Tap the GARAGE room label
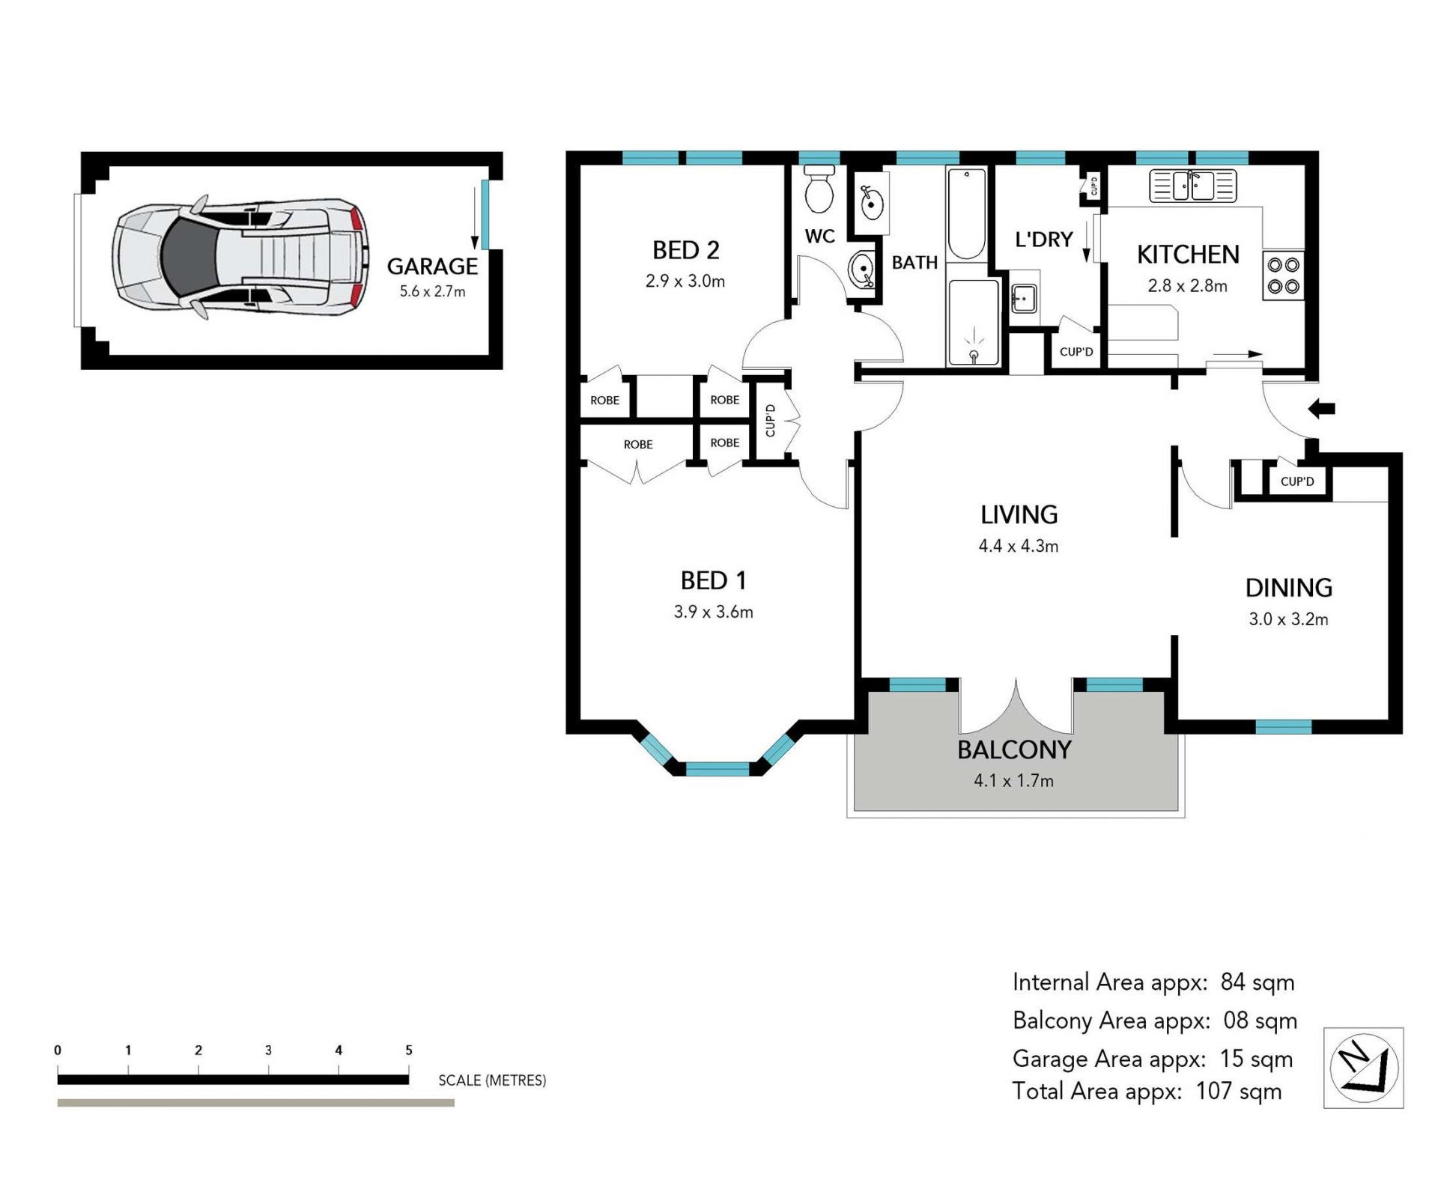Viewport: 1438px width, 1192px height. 432,267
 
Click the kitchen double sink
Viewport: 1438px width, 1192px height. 1193,186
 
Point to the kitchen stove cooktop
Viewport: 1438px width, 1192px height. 1283,276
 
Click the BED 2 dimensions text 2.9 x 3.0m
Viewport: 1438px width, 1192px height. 685,282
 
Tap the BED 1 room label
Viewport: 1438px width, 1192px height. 713,580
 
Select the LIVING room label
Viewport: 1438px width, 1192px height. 1019,514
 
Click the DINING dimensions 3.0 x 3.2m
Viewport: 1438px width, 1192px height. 1288,619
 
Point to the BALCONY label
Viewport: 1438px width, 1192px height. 1014,749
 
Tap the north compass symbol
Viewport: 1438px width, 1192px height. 1363,1067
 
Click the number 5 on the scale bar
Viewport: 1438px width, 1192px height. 409,1050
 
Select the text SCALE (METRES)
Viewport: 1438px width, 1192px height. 492,1080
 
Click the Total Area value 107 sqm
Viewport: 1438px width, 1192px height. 1239,1091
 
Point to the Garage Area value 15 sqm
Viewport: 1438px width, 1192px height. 1256,1059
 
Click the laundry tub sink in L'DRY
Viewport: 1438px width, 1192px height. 1024,298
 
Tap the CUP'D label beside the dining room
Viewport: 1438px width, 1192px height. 1297,481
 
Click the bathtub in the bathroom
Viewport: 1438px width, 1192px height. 966,213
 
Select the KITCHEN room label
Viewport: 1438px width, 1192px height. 1188,255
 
